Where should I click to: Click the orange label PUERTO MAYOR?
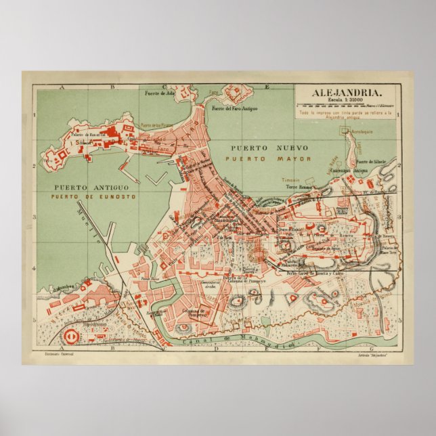click(269, 159)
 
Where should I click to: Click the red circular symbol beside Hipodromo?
click(71, 334)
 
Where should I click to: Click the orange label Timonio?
click(292, 179)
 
